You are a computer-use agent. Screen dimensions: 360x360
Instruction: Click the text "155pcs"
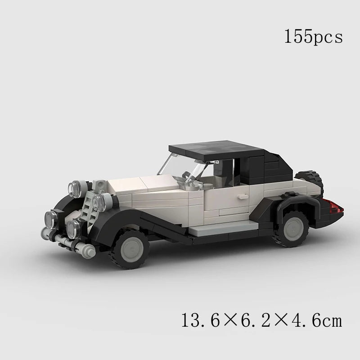coord(313,36)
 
